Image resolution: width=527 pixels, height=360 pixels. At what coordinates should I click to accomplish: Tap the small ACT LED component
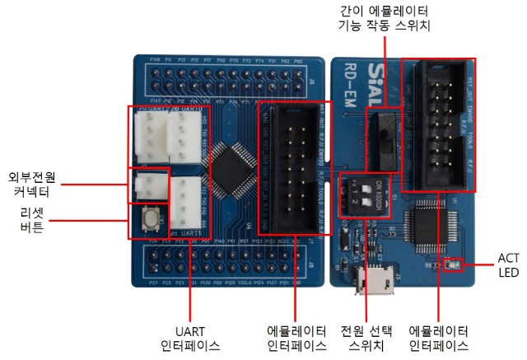(450, 265)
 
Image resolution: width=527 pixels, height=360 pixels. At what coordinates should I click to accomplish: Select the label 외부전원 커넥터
(30, 184)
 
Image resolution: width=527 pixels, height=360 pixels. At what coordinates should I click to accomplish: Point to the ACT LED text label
(508, 264)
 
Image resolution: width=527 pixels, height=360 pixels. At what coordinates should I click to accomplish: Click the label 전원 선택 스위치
(369, 335)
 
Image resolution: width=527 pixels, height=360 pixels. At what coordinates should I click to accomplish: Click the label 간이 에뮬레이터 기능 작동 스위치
(385, 18)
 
